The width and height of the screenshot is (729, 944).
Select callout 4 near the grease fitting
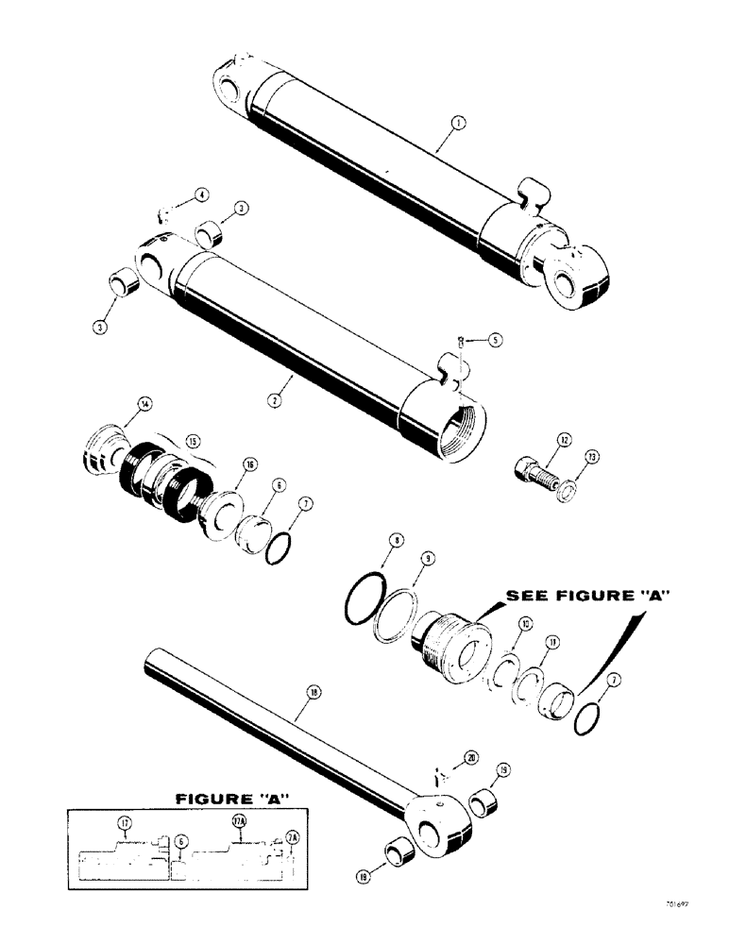[201, 194]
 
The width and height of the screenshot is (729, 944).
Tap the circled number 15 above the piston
[193, 441]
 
